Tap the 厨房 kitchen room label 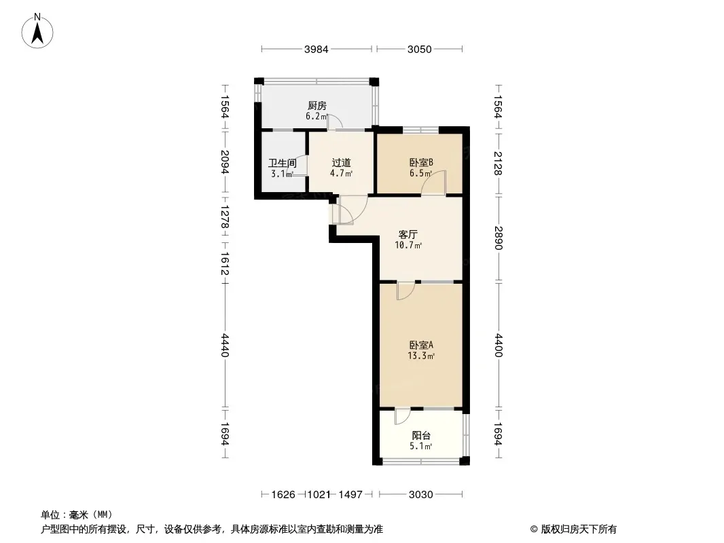(x=317, y=106)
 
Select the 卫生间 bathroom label (x=282, y=164)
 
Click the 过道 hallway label (x=341, y=163)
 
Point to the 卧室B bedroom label (x=421, y=163)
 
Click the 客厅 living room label (x=408, y=234)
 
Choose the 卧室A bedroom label (x=421, y=345)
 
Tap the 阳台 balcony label (x=421, y=436)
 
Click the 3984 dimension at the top (x=316, y=50)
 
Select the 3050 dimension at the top (x=419, y=50)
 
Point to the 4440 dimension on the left (x=225, y=345)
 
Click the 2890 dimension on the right (x=498, y=238)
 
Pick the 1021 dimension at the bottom (x=319, y=495)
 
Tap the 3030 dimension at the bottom (x=420, y=495)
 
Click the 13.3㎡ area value (x=420, y=356)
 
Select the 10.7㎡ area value (x=408, y=245)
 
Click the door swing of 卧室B (x=434, y=183)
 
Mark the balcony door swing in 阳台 (x=402, y=416)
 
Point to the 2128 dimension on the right (x=498, y=164)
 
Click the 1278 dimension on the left (x=225, y=217)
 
